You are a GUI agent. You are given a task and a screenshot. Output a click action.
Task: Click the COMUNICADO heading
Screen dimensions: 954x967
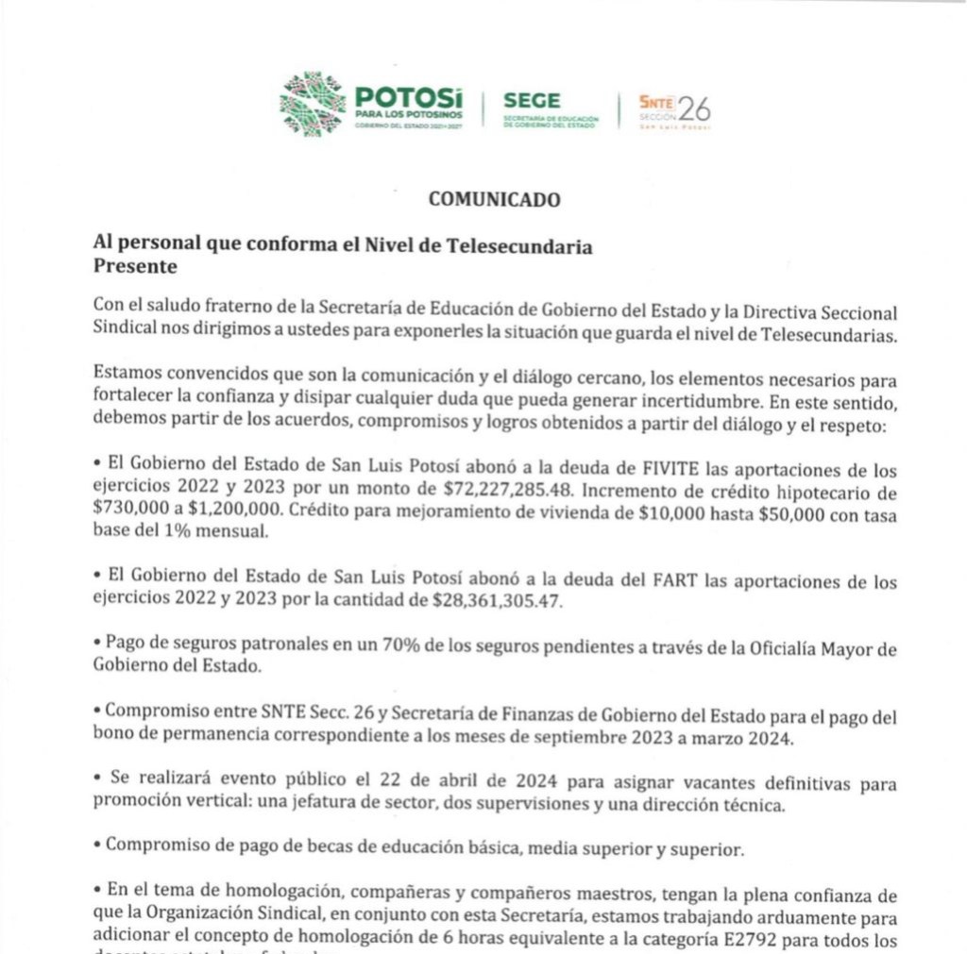[x=494, y=199]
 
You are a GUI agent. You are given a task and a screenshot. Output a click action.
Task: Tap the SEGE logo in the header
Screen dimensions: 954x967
[x=532, y=101]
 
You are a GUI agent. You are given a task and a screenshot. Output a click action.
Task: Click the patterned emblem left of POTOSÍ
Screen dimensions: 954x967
[x=313, y=104]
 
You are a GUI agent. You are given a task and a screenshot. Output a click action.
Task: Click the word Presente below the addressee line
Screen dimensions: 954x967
[x=135, y=267]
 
